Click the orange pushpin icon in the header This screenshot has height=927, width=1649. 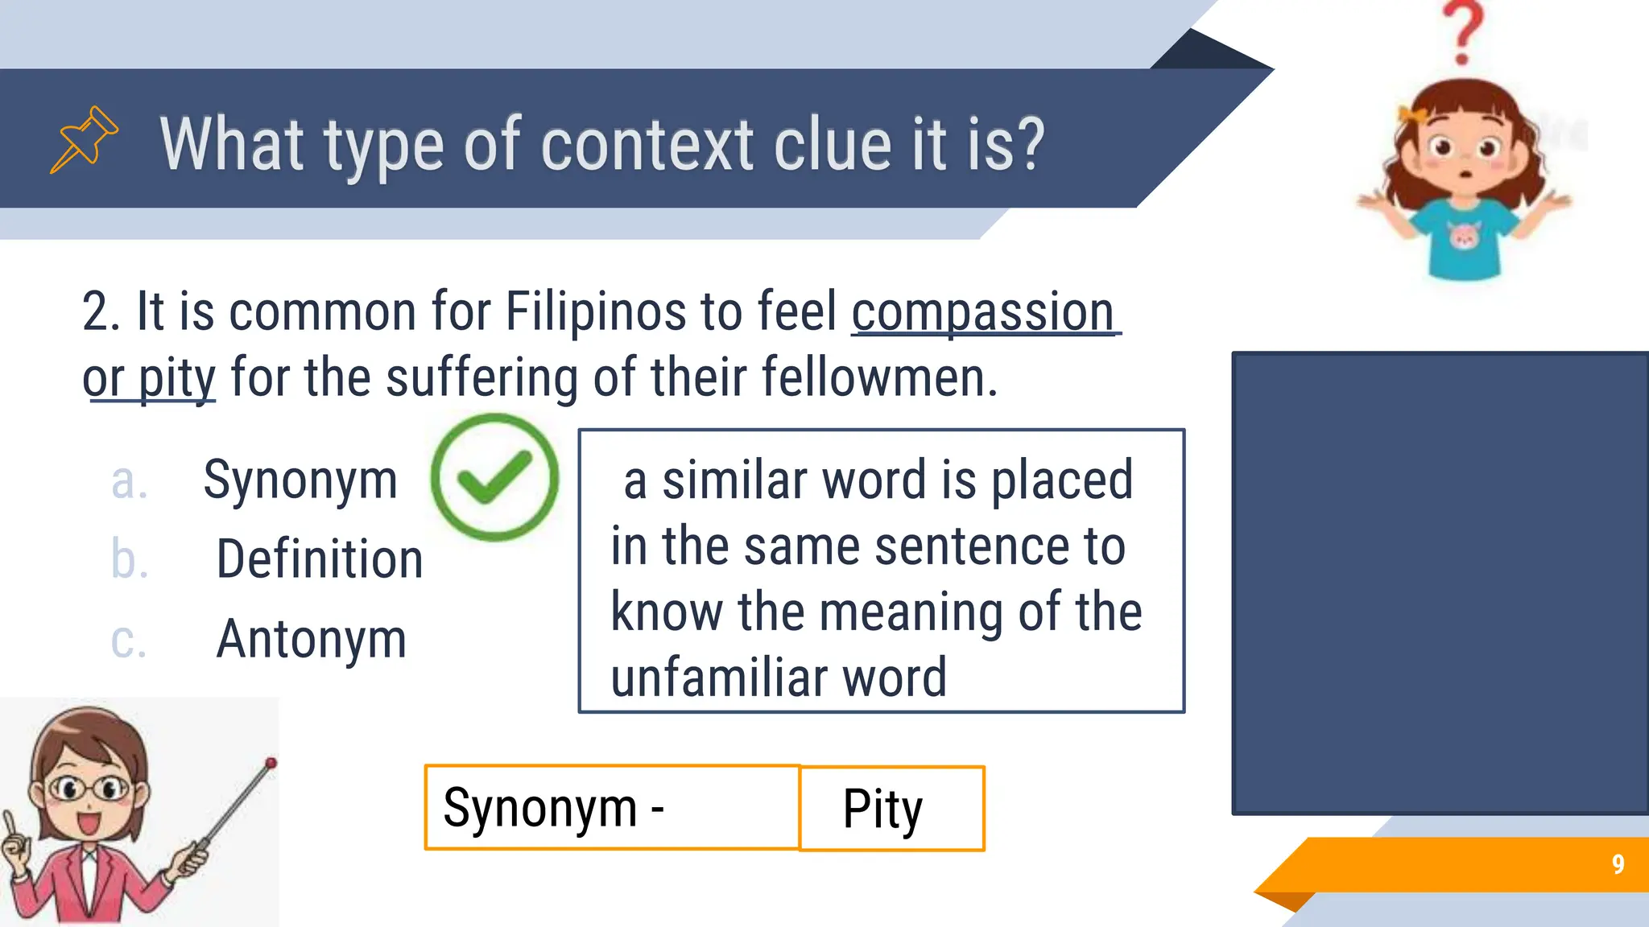pyautogui.click(x=84, y=139)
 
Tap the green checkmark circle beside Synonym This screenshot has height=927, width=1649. pyautogui.click(x=494, y=477)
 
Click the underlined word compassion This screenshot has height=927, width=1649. pyautogui.click(x=983, y=312)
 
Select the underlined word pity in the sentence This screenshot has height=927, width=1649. pyautogui.click(x=176, y=378)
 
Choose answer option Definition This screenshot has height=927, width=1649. pyautogui.click(x=319, y=559)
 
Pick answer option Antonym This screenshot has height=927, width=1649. pyautogui.click(x=311, y=640)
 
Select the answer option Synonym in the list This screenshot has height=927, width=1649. pyautogui.click(x=300, y=480)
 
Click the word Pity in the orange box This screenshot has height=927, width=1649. pyautogui.click(x=882, y=809)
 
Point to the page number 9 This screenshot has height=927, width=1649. pyautogui.click(x=1618, y=864)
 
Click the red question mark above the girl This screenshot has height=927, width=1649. pyautogui.click(x=1463, y=32)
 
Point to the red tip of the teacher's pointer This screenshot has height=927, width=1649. pyautogui.click(x=271, y=762)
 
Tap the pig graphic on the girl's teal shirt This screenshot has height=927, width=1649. pyautogui.click(x=1464, y=237)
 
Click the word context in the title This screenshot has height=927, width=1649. pyautogui.click(x=647, y=145)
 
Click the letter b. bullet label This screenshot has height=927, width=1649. pyautogui.click(x=129, y=559)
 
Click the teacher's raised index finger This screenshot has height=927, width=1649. pyautogui.click(x=9, y=824)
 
